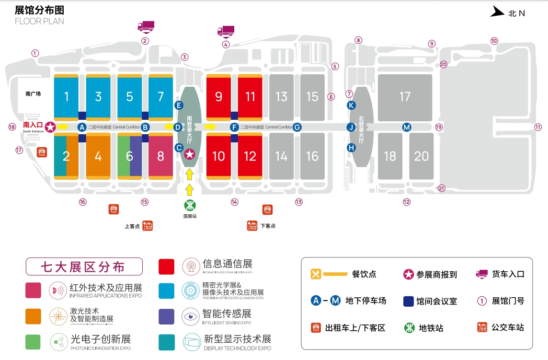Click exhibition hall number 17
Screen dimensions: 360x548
tap(405, 97)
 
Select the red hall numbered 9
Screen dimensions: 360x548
tap(218, 97)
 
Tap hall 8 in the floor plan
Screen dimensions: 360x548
tap(160, 156)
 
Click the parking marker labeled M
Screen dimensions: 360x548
tap(406, 127)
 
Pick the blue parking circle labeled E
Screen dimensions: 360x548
tap(179, 105)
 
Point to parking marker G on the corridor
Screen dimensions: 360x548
tap(297, 127)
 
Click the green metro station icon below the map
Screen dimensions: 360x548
tap(190, 205)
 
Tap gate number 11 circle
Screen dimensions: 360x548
tap(538, 127)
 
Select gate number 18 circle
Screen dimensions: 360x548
tap(12, 127)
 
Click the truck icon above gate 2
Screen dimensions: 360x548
tap(146, 26)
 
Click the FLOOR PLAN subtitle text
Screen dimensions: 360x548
tap(39, 21)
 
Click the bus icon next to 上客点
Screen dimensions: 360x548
tap(148, 226)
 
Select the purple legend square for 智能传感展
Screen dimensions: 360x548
tap(166, 316)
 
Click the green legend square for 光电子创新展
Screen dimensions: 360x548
tap(33, 341)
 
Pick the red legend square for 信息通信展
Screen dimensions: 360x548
tap(166, 267)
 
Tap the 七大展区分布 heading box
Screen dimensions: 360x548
tap(84, 267)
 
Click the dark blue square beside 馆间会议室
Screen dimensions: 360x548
tap(409, 301)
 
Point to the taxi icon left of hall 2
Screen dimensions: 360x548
tap(42, 152)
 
